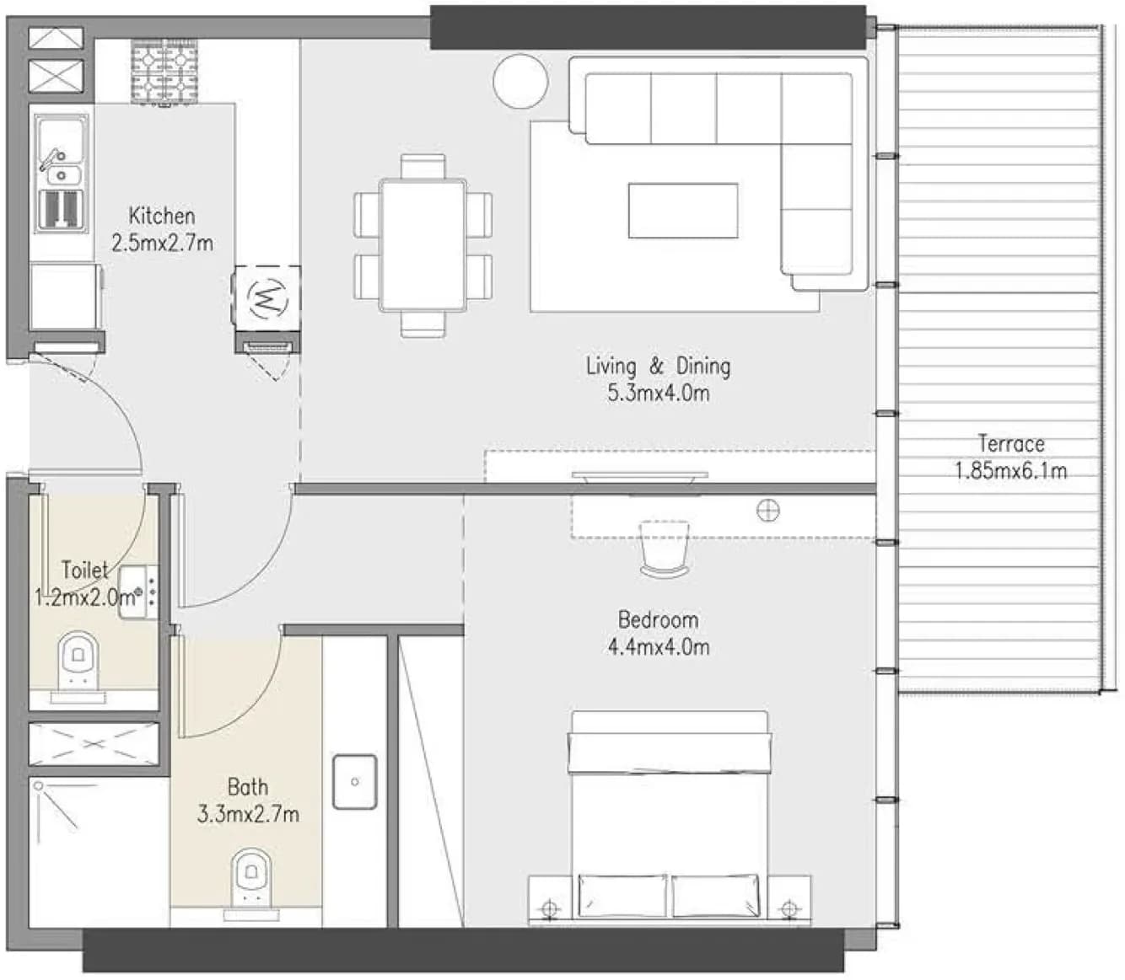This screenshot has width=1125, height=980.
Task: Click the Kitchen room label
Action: pos(162,216)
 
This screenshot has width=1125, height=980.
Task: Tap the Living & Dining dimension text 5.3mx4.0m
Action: pos(658,394)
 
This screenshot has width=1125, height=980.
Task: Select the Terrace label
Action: pos(1010,444)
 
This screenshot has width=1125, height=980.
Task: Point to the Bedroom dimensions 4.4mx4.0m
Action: pos(658,646)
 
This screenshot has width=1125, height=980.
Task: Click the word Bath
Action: pos(247,787)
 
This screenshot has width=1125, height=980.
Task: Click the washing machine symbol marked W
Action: pos(267,298)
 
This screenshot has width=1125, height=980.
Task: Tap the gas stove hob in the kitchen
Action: pos(164,72)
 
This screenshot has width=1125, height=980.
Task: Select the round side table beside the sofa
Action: pos(520,82)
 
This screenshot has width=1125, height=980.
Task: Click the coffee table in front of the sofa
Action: pos(683,211)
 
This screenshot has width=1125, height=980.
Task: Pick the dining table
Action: pos(423,245)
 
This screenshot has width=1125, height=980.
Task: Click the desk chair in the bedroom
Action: pos(665,549)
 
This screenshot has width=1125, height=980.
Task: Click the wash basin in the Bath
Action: pos(355,782)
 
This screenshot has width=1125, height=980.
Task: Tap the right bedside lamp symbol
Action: pos(789,908)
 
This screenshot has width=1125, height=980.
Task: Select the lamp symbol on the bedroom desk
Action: pos(767,511)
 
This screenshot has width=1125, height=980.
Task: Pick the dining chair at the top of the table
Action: pos(423,166)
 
